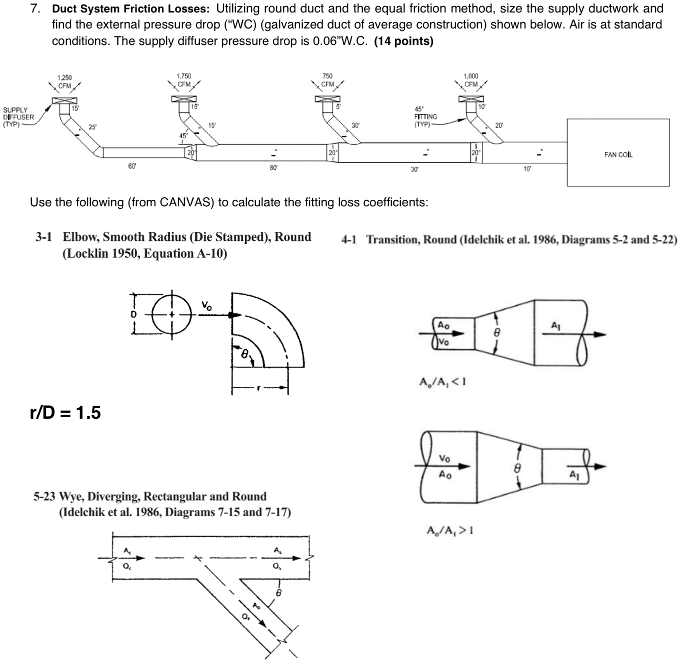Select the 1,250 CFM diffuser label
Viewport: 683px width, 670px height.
pos(64,81)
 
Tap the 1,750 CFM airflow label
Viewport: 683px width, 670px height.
pos(184,80)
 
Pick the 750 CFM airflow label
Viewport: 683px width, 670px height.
pos(327,80)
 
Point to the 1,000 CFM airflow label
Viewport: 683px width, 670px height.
pos(471,80)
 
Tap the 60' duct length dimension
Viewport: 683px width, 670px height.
pos(132,166)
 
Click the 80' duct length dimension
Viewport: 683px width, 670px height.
pos(273,168)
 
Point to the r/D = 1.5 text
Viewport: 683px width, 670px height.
pos(65,413)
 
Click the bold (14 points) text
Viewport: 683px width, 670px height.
pos(403,41)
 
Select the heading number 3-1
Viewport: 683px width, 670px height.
pos(43,237)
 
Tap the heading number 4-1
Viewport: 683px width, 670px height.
pos(349,240)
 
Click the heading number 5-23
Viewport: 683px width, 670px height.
pos(44,496)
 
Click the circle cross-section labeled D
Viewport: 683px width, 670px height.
pos(172,315)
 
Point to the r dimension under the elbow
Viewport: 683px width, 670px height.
pos(259,388)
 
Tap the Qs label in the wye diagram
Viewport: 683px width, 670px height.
pos(276,567)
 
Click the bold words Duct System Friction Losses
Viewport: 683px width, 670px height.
pos(132,9)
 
